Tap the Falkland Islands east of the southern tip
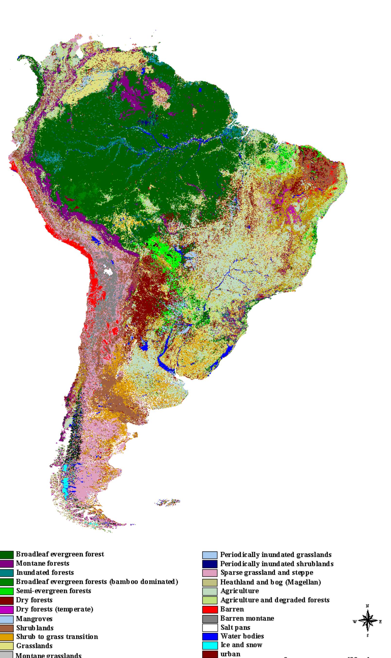[x=168, y=502]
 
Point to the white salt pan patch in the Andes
[x=108, y=271]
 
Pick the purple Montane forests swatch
[x=7, y=563]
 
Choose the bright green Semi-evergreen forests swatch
[x=7, y=591]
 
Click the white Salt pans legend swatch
[x=210, y=627]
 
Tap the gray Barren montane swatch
[x=210, y=618]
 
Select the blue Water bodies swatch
[x=210, y=636]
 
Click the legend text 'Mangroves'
[x=34, y=618]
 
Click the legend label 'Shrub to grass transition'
[x=57, y=637]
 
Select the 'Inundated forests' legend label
[x=45, y=572]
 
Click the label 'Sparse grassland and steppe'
[x=267, y=573]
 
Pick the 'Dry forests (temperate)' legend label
[x=54, y=609]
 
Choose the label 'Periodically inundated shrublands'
[x=277, y=564]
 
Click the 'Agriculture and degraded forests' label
[x=275, y=600]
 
